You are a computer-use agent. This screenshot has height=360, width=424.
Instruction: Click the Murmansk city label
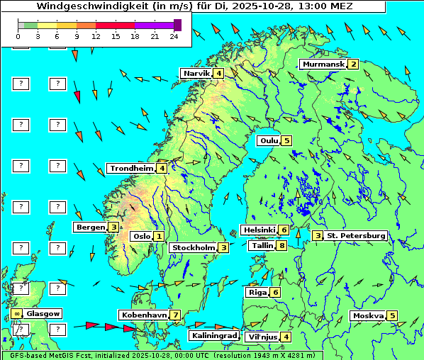pos(323,64)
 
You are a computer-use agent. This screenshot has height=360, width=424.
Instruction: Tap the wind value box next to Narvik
pos(219,73)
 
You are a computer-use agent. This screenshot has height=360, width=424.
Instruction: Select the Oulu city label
pos(269,140)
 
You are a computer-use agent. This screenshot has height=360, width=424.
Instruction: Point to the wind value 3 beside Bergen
pos(113,227)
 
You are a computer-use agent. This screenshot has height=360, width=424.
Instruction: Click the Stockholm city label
pos(193,247)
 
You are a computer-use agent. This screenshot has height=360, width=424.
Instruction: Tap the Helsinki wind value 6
pos(283,230)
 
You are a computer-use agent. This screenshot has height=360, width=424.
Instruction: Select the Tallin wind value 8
pos(282,245)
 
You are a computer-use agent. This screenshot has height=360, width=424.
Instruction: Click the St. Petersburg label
pos(355,235)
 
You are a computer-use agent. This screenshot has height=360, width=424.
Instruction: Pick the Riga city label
pos(256,292)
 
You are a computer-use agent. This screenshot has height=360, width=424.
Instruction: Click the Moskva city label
pos(368,315)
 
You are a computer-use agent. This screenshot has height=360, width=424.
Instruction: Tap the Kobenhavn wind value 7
pos(174,315)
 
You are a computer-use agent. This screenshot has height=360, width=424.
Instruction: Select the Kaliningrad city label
pos(213,335)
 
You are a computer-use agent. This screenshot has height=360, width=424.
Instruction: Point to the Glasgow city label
pos(43,313)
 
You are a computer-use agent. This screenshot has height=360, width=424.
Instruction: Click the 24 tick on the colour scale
pos(174,35)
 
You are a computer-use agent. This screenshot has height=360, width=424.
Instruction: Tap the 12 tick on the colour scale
pos(96,35)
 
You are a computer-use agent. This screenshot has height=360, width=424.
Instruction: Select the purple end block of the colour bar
pos(177,25)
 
